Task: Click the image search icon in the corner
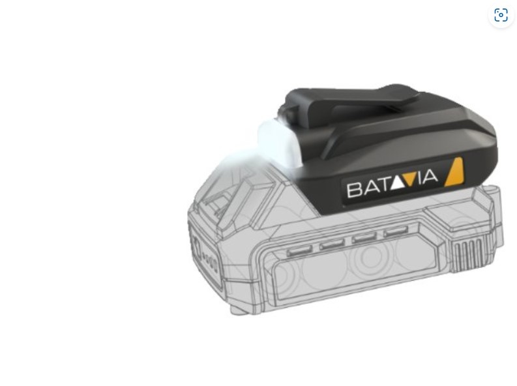[501, 15]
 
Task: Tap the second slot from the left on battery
[332, 245]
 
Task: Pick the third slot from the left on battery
[364, 239]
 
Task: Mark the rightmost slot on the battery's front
[394, 232]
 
